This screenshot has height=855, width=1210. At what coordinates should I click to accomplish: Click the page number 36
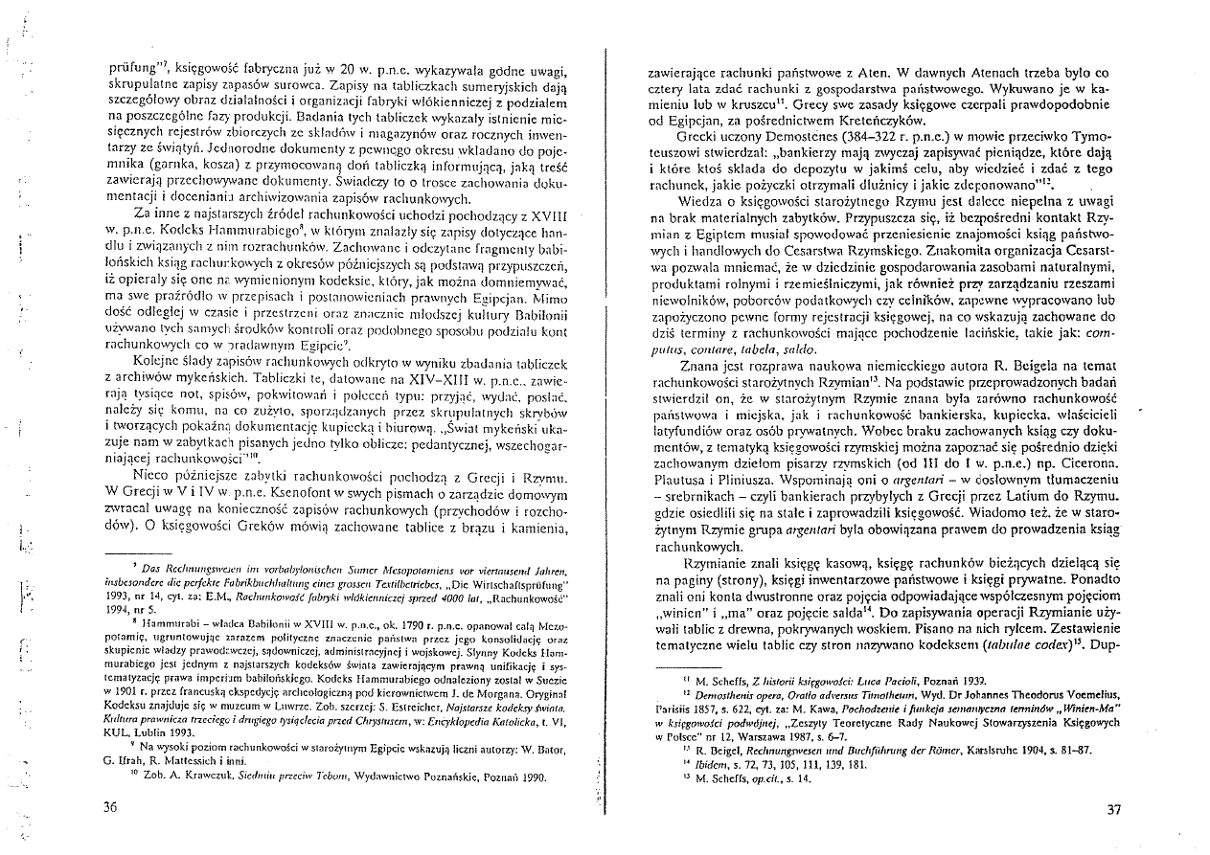point(109,807)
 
